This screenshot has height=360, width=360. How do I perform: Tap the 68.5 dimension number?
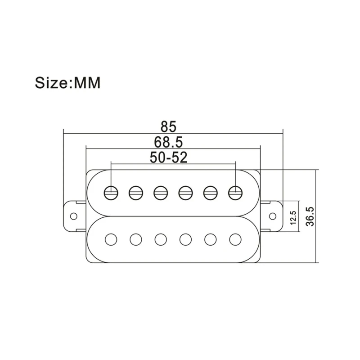click(168, 142)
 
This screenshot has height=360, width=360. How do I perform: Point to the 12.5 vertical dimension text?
click(293, 217)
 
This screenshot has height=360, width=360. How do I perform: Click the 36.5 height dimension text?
click(310, 217)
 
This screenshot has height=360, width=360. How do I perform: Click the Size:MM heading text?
click(68, 84)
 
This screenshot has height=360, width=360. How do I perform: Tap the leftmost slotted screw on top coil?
click(111, 193)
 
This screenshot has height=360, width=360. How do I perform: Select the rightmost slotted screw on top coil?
click(234, 193)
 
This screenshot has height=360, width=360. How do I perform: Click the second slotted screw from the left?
click(135, 193)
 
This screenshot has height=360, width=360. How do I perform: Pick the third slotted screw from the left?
click(160, 193)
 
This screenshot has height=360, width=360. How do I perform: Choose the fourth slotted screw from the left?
click(185, 193)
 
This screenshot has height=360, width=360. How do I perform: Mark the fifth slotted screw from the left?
click(210, 193)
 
